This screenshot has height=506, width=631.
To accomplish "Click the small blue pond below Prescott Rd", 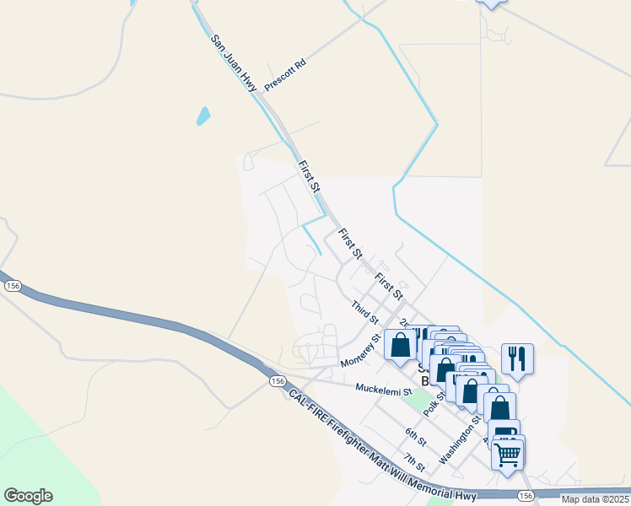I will [x=203, y=116].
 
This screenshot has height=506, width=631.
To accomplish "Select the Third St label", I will [x=364, y=312].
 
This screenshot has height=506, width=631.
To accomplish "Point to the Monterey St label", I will [x=361, y=349].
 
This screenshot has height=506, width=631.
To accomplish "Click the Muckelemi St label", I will [x=383, y=390].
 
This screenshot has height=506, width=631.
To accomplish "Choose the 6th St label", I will [x=415, y=438].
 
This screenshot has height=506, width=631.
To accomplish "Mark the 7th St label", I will [x=413, y=463].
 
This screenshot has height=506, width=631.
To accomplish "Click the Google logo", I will [x=28, y=496].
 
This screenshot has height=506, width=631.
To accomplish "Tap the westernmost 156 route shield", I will [x=13, y=287].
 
